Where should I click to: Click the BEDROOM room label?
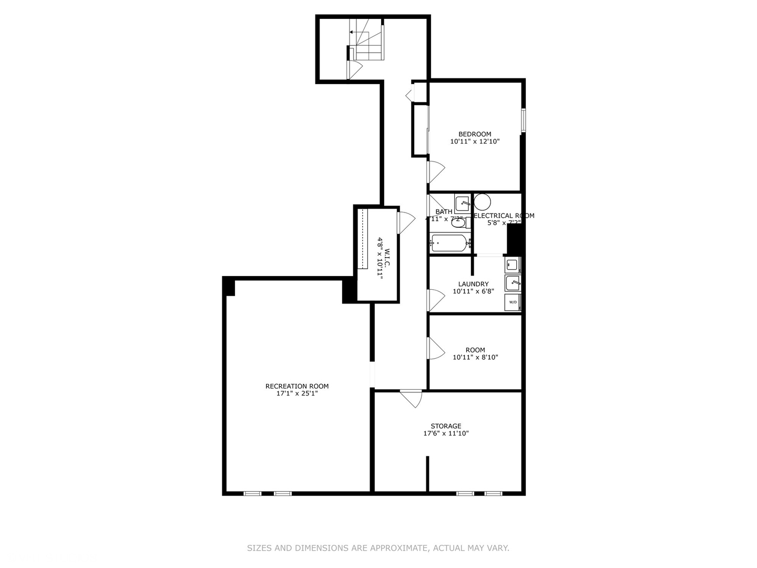click(x=475, y=134)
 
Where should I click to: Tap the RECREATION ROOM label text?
click(x=296, y=386)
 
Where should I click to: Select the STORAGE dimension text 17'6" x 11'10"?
click(x=446, y=434)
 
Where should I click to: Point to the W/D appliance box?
click(x=513, y=302)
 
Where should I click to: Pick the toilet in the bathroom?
click(x=459, y=222)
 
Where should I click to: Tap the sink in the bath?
click(x=463, y=204)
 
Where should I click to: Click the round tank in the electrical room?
click(x=483, y=202)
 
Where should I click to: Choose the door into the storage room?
click(x=412, y=398)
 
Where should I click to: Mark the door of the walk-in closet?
click(x=406, y=222)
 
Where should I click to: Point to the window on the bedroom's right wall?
click(x=523, y=120)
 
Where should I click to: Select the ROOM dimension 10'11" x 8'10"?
click(x=475, y=358)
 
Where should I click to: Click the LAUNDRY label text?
click(x=473, y=284)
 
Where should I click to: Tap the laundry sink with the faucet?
click(x=513, y=283)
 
